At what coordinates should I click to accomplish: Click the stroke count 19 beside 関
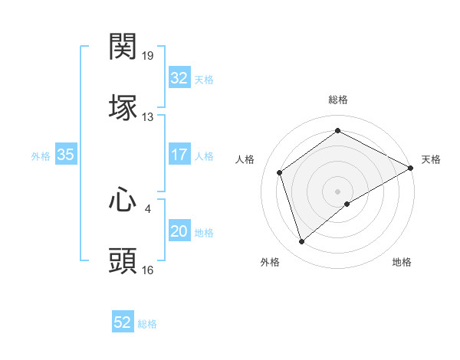148,56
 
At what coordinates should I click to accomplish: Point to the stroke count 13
148,117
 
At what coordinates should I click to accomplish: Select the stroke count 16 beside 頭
148,270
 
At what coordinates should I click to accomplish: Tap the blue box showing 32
179,78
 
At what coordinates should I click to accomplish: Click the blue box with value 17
179,155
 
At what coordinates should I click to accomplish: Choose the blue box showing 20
179,231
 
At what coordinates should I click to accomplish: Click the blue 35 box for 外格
65,155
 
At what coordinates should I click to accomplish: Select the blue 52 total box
122,322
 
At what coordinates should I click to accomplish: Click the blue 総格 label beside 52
147,324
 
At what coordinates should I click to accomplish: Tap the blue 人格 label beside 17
204,156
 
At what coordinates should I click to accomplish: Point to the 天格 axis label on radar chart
431,159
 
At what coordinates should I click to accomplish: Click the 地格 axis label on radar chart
402,262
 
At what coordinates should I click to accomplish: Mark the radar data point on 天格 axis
411,168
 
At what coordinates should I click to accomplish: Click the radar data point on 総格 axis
337,131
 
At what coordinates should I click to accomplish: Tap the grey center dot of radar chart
337,191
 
